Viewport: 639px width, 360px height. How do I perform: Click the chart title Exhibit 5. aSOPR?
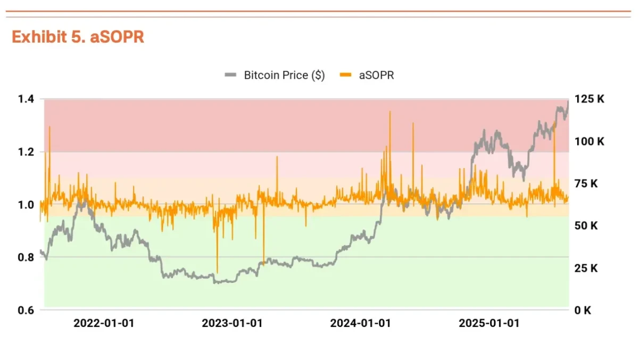(78, 37)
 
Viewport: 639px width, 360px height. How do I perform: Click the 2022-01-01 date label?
(104, 323)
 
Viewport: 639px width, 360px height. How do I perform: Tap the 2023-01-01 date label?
(233, 323)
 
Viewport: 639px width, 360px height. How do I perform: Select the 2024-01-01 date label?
(361, 323)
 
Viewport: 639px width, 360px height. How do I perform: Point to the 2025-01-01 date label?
(489, 323)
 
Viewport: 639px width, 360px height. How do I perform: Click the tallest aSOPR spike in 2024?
(389, 112)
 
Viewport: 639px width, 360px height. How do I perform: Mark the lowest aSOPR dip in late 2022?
(217, 272)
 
